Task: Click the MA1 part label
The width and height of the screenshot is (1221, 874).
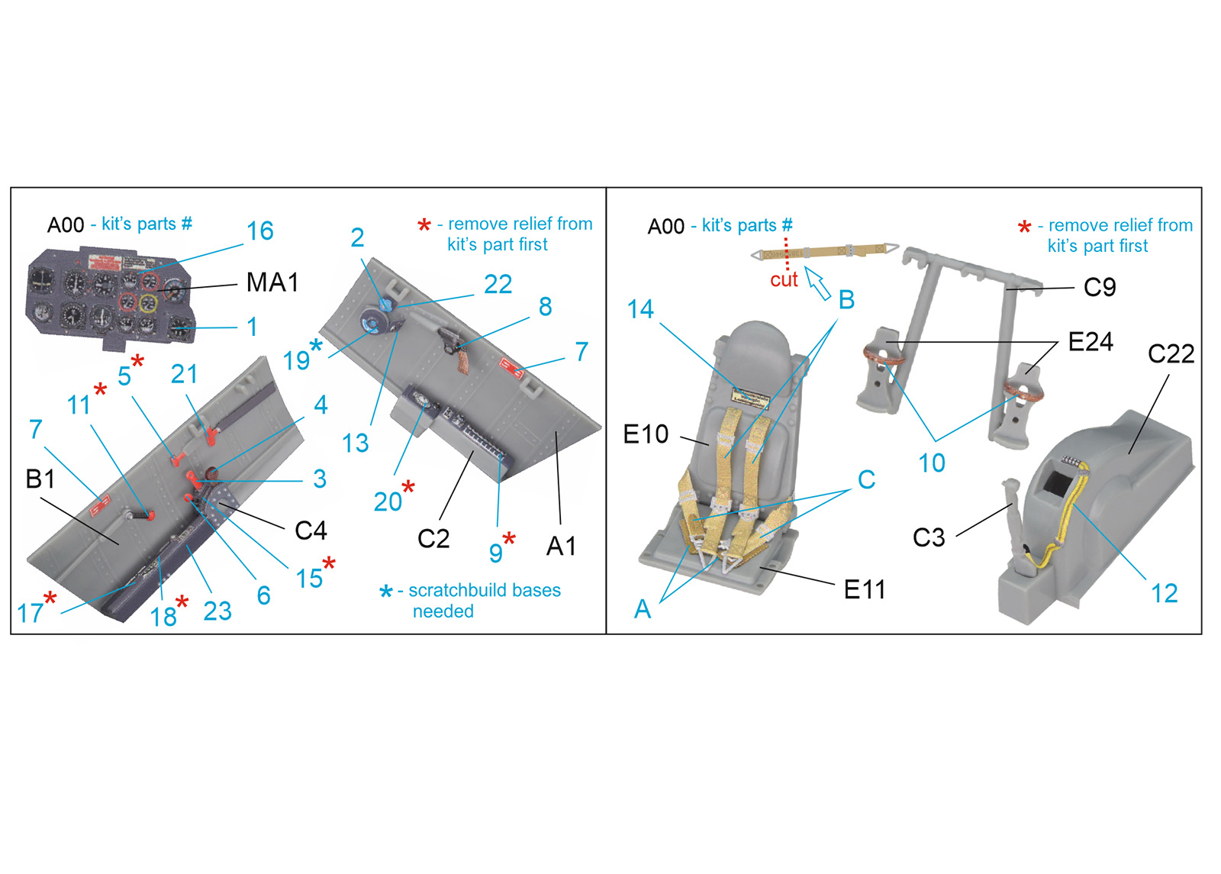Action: [x=272, y=282]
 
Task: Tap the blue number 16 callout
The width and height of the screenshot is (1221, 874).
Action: [x=260, y=231]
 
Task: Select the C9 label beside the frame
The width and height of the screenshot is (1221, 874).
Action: [x=1100, y=287]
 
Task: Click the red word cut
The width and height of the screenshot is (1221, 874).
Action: [x=784, y=279]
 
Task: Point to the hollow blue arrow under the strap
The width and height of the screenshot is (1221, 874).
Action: [x=817, y=282]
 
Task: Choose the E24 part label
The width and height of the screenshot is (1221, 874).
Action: [x=1091, y=342]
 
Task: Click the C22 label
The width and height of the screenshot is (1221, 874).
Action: [x=1171, y=354]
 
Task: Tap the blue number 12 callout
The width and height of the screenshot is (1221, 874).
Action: [x=1165, y=593]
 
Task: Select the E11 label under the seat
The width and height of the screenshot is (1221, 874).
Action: [x=865, y=589]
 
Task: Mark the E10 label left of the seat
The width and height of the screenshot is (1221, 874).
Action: [x=646, y=434]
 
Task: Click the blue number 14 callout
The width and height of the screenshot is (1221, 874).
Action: [x=640, y=309]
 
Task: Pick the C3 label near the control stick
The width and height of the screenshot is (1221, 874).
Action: [x=929, y=537]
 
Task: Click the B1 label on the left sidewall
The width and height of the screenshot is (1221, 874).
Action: [x=40, y=479]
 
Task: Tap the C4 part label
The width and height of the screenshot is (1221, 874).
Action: [x=311, y=530]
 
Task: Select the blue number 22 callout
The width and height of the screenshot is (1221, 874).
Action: [x=498, y=284]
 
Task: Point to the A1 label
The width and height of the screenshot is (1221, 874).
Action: [x=561, y=546]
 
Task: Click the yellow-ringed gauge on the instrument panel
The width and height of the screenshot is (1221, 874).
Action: [x=148, y=302]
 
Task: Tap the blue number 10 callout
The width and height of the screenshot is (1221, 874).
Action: [x=932, y=463]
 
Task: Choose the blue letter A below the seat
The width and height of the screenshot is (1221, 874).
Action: [x=643, y=609]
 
